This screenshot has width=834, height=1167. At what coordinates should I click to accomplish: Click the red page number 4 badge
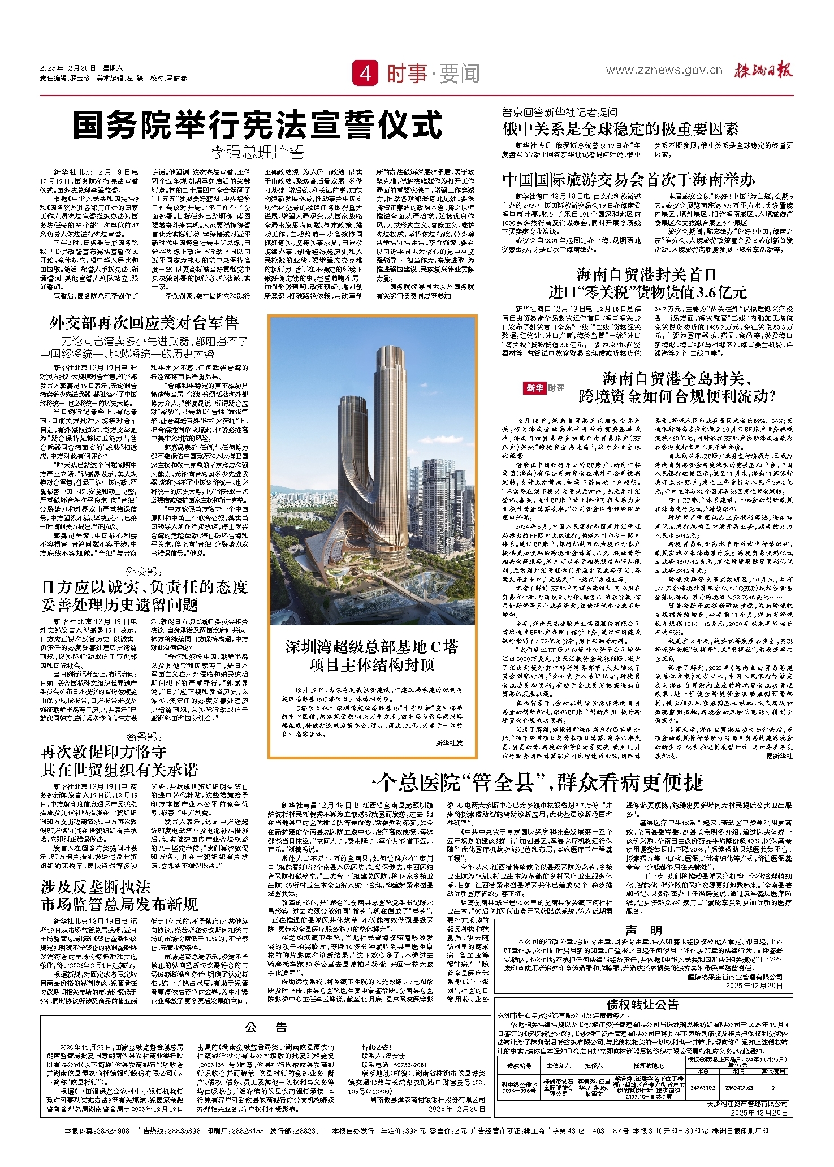tap(365, 74)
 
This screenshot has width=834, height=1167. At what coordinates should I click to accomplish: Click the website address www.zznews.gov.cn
tap(664, 70)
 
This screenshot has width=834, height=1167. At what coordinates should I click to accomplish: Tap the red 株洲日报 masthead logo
tap(763, 70)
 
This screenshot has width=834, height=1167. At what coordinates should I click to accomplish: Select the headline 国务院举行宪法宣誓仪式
tap(258, 125)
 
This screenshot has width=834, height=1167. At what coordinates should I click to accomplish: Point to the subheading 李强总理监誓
tap(257, 152)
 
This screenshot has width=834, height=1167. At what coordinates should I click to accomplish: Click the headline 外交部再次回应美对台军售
tap(144, 323)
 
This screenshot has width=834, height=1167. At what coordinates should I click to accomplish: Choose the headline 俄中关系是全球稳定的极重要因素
tap(620, 129)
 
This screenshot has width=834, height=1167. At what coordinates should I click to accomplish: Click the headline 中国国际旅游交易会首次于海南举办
tap(629, 180)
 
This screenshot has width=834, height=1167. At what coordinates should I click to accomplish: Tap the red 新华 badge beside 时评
tap(534, 388)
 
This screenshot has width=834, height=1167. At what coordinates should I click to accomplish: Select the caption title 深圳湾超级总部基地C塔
tap(371, 647)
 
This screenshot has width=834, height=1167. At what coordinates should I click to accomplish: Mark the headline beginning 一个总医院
tap(530, 783)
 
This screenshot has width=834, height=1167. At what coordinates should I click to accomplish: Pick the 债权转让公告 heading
tap(643, 1004)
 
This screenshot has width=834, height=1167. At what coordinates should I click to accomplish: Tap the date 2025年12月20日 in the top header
tap(68, 68)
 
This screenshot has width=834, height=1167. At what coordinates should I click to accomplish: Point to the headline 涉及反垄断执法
tap(96, 887)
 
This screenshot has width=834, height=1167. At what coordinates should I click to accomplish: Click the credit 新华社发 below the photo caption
tap(449, 743)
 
